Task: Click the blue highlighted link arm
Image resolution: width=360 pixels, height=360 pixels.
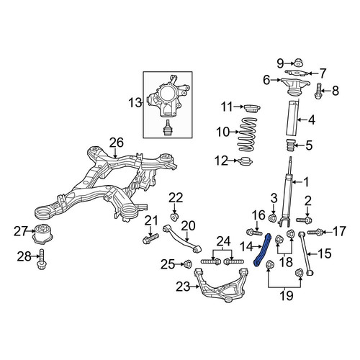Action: [262, 250]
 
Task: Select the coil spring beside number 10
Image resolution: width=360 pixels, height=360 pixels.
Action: [248, 135]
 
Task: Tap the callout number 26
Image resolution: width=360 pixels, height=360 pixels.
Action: [117, 143]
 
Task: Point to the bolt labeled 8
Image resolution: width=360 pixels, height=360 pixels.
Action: [318, 91]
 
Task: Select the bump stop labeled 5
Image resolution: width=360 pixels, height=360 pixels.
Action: [290, 145]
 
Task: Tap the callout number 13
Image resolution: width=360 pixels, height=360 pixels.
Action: [135, 103]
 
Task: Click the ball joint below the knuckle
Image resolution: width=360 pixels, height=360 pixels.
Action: [167, 128]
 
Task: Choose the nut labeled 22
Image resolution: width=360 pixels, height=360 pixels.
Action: [174, 217]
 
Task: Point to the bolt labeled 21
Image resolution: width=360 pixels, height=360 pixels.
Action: [150, 238]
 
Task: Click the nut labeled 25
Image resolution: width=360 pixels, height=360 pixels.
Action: [187, 264]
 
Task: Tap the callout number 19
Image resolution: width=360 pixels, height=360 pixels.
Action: [287, 295]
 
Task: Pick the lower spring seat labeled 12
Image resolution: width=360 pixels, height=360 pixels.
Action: [246, 161]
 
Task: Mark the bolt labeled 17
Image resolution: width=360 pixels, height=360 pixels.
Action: [315, 232]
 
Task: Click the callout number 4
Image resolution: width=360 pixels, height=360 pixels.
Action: [312, 120]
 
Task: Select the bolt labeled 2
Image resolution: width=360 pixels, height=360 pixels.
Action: [304, 220]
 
